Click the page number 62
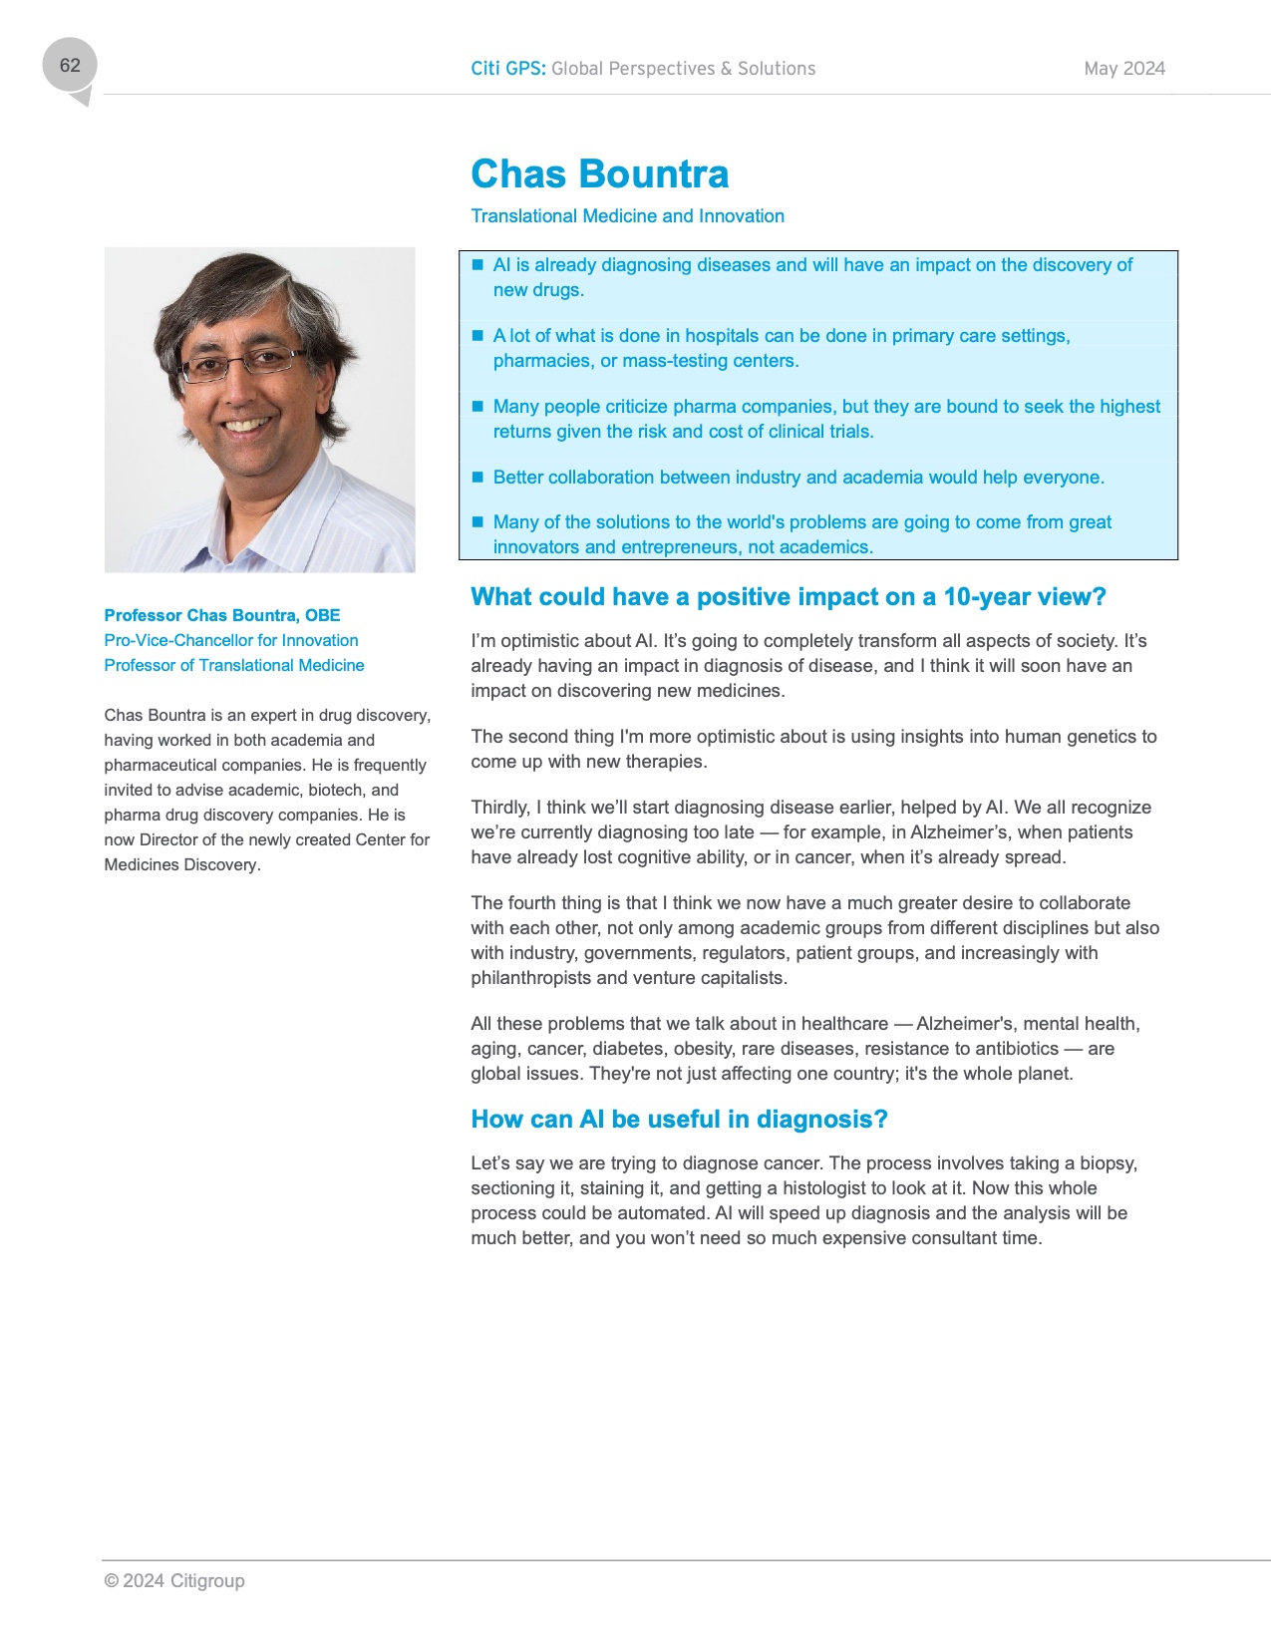[70, 66]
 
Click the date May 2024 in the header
[1124, 69]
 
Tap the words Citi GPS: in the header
[507, 69]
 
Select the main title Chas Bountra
[599, 174]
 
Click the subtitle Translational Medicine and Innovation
[627, 216]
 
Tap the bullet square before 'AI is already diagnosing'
[477, 265]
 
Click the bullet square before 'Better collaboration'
[477, 478]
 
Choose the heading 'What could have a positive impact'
[788, 597]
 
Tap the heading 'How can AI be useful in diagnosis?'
[679, 1120]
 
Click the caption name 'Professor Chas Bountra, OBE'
[222, 616]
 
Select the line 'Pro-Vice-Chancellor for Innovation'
[231, 641]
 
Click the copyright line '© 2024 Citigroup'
[174, 1581]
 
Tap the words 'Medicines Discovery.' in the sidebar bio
[182, 865]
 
